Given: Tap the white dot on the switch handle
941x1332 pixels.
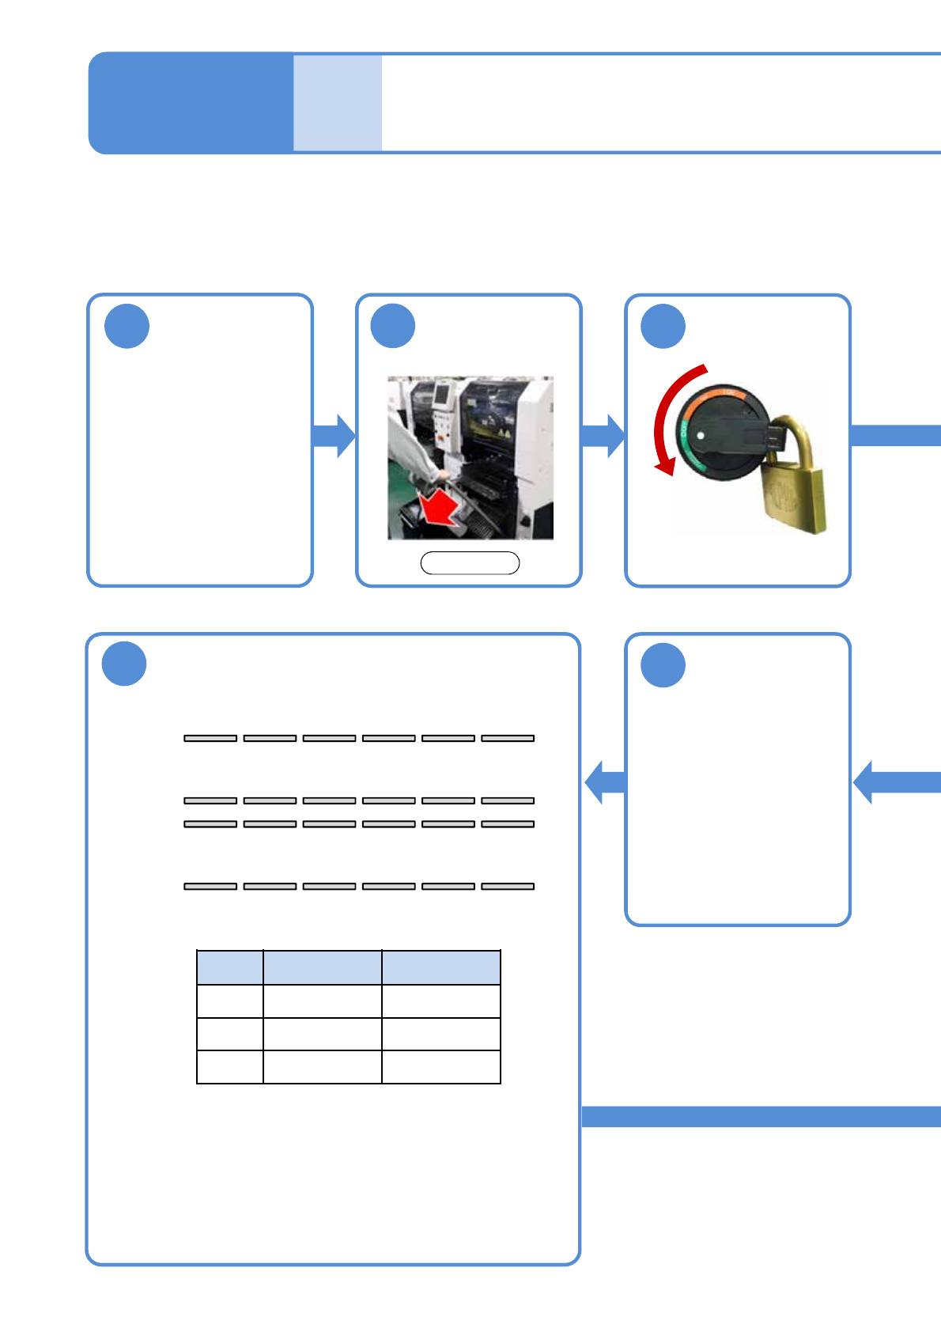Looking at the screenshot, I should click(701, 435).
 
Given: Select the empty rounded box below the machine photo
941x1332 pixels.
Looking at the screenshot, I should click(470, 563).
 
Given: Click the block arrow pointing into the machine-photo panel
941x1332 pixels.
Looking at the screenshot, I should click(334, 435).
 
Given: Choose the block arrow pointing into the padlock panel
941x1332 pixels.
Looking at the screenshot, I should click(603, 435).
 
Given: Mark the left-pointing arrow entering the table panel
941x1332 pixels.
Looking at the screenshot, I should click(604, 781).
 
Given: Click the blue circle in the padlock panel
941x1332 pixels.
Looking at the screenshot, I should click(663, 327).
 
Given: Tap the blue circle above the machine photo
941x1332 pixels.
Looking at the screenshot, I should click(393, 326).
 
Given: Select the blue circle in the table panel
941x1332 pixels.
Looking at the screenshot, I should click(124, 664).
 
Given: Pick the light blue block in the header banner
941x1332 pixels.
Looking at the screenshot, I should click(338, 103).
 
